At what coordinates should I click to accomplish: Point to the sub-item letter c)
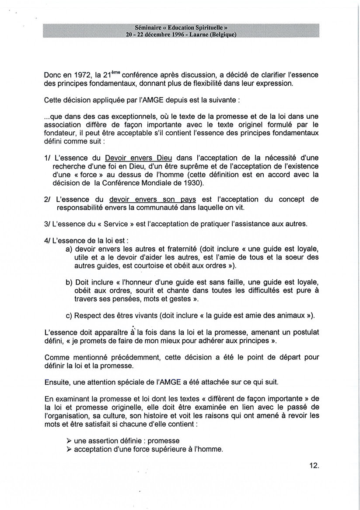click(x=69, y=316)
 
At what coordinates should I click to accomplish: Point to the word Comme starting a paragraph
click(x=56, y=357)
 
